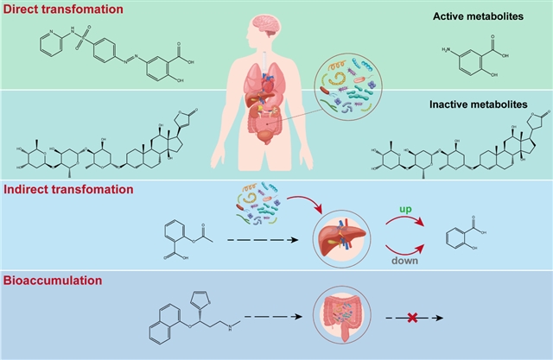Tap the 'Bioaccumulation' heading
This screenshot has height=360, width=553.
(54, 281)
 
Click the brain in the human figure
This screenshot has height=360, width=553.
(269, 25)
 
